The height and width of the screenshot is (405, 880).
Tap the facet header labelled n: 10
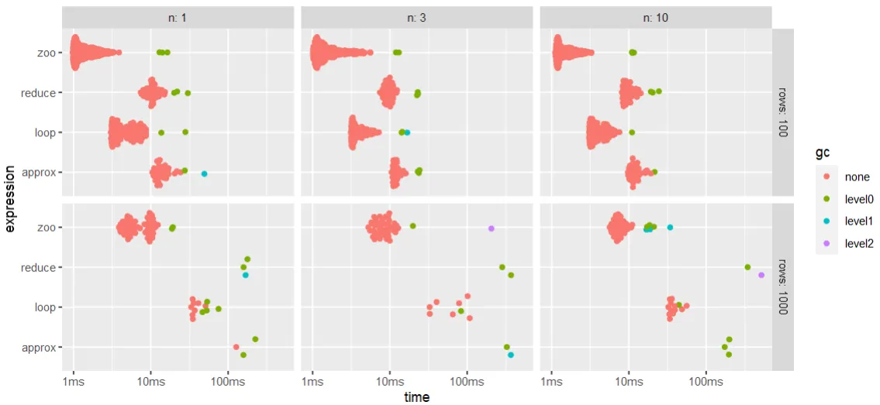pyautogui.click(x=656, y=17)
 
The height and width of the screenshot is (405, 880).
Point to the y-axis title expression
pyautogui.click(x=10, y=197)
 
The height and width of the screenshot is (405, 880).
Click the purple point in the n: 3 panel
pyautogui.click(x=491, y=228)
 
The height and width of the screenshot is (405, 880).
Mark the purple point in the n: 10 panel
pyautogui.click(x=761, y=275)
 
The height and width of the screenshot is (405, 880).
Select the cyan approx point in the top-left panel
pyautogui.click(x=204, y=174)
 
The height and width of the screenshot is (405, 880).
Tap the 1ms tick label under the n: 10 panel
pyautogui.click(x=551, y=382)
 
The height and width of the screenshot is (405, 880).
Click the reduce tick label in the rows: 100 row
pyautogui.click(x=40, y=93)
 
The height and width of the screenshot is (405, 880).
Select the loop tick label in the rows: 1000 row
pyautogui.click(x=45, y=307)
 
